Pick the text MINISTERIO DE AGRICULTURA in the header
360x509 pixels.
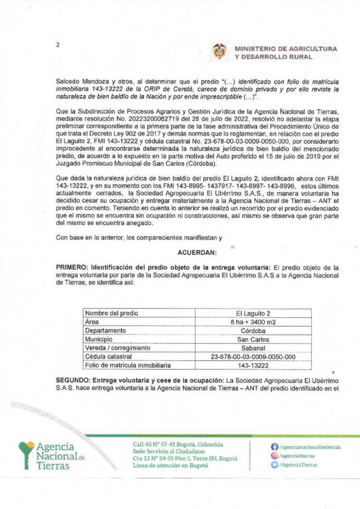286,49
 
